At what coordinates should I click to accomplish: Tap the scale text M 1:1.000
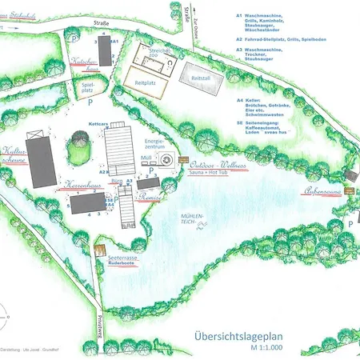coord(266,349)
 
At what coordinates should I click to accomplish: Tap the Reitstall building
coord(197,78)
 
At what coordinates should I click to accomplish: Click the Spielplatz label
coord(88,90)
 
